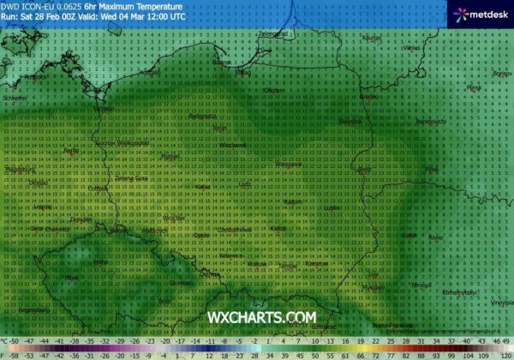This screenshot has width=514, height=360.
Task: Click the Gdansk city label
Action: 221,63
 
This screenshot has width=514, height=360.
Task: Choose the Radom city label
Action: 291,201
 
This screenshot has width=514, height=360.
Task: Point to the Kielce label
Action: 277,229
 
